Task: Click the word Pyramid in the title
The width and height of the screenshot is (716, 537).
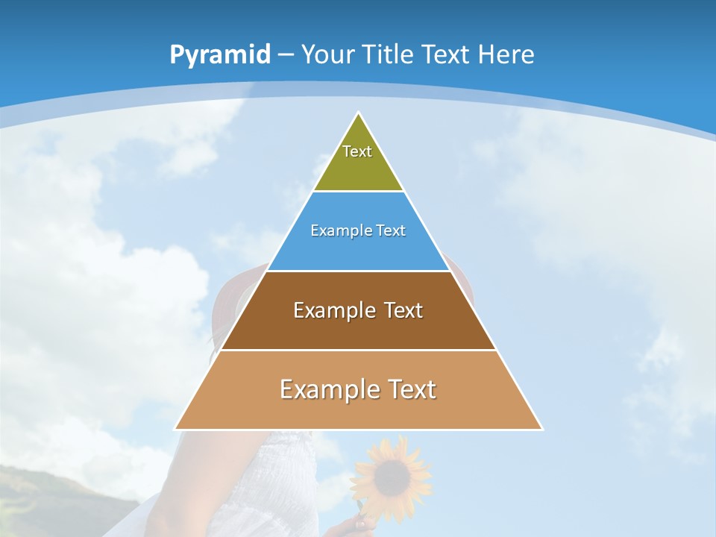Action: pyautogui.click(x=219, y=55)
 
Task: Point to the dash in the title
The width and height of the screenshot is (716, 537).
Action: pyautogui.click(x=286, y=55)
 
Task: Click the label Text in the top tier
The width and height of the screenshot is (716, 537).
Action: pyautogui.click(x=357, y=151)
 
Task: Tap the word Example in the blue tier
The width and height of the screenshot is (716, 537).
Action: pyautogui.click(x=334, y=230)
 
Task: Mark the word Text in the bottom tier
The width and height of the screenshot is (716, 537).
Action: pyautogui.click(x=410, y=389)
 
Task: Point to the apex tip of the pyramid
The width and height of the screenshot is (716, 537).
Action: pyautogui.click(x=359, y=114)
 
